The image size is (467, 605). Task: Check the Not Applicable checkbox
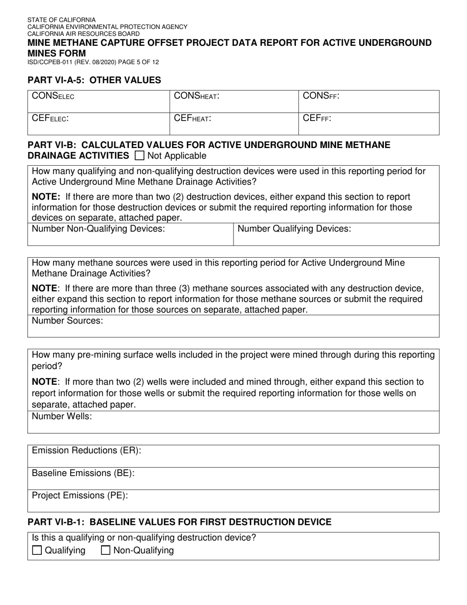[x=139, y=156]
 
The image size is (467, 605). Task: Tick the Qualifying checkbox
[x=37, y=550]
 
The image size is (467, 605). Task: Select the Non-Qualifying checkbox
[x=105, y=550]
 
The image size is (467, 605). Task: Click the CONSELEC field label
[x=53, y=96]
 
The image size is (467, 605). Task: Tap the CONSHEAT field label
[x=197, y=96]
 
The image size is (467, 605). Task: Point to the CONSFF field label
[x=321, y=96]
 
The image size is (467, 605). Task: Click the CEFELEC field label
[x=50, y=119]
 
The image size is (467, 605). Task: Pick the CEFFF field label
[x=317, y=119]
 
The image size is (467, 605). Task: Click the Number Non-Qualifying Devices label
[x=98, y=229]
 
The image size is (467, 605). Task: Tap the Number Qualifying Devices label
[x=294, y=229]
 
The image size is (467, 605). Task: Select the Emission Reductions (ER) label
[x=87, y=451]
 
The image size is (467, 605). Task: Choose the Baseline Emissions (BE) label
[x=83, y=473]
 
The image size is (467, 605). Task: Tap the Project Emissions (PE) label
[x=80, y=495]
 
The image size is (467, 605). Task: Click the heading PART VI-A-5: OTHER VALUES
[x=94, y=80]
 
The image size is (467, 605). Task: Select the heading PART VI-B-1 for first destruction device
[x=179, y=522]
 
